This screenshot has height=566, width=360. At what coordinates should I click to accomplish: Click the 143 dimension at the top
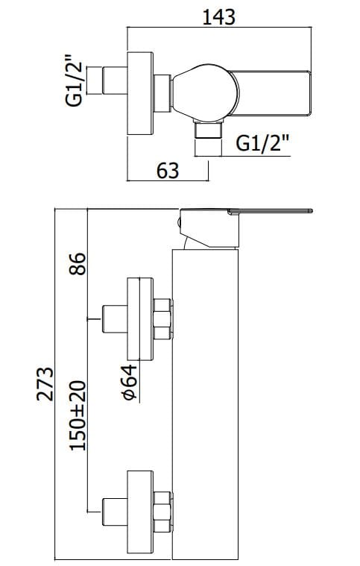(x=218, y=16)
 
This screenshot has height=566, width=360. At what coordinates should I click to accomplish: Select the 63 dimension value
(x=168, y=170)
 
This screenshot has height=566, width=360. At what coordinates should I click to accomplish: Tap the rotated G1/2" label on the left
(x=74, y=79)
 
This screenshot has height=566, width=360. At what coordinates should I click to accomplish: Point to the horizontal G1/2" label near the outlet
(x=263, y=143)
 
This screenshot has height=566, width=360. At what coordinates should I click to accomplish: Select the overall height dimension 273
(x=45, y=384)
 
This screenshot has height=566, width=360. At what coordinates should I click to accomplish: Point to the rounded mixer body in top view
(x=205, y=94)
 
